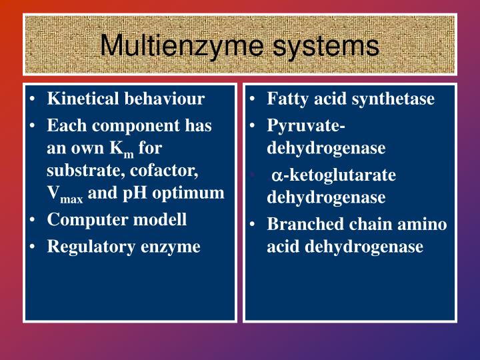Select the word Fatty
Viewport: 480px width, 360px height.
pos(287,99)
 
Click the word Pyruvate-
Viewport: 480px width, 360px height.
pos(306,126)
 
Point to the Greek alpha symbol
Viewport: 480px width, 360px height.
pos(276,176)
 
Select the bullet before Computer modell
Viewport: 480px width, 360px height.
pos(33,220)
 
